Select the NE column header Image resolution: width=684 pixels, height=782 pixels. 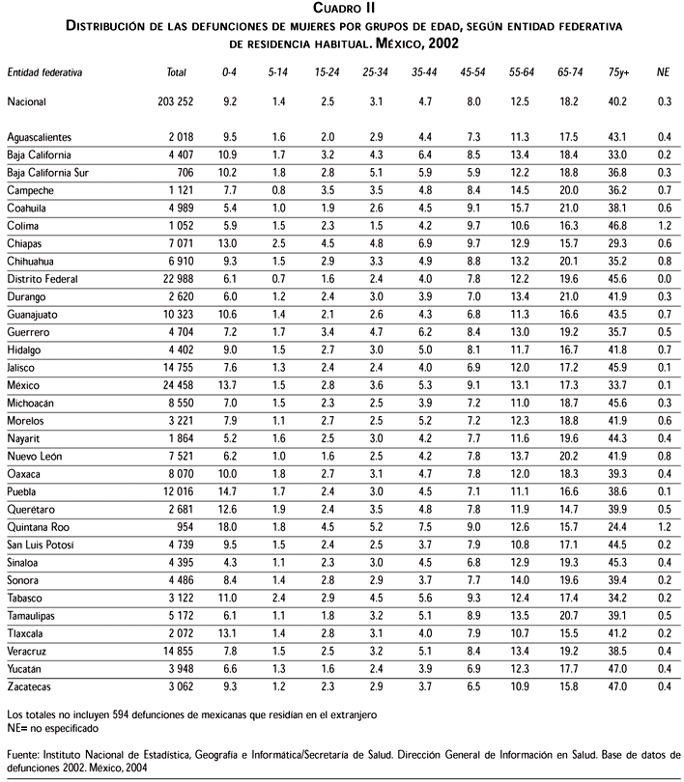662,72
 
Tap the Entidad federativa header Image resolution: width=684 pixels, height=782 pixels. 44,72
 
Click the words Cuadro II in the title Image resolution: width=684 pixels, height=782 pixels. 342,10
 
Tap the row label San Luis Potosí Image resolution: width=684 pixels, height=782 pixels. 45,545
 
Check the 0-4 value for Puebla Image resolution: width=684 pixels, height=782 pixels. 228,492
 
